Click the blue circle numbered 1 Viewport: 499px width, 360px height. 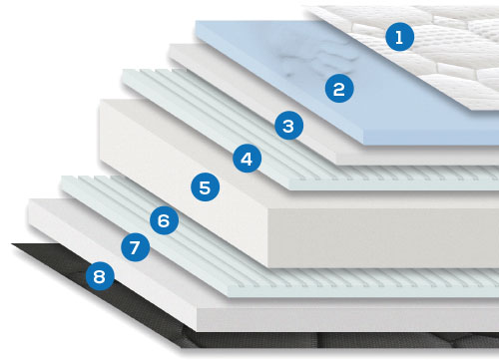[400, 37]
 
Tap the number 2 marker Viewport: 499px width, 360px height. [339, 88]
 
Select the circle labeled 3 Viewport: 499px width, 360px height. [288, 126]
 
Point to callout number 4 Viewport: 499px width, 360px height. [247, 159]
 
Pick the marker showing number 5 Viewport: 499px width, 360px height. [205, 187]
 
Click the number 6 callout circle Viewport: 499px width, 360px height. [164, 220]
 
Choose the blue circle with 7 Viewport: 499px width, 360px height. [135, 247]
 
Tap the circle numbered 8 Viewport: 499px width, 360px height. [100, 276]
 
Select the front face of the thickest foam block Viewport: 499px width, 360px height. [382, 237]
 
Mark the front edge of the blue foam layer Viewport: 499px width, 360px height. [431, 137]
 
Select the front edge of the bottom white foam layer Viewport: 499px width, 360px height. [347, 319]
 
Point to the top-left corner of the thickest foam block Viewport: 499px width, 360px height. [100, 100]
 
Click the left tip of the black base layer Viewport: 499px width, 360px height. [12, 244]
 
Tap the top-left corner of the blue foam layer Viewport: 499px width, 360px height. [196, 22]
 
